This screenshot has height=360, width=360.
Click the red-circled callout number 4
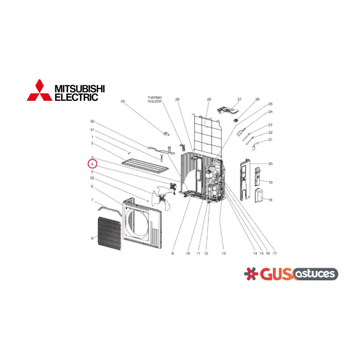(92, 164)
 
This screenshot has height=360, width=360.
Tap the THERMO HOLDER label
(154, 99)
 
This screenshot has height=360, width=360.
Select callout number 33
(122, 101)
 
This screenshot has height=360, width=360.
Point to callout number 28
(209, 99)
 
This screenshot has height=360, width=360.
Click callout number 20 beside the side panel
(270, 164)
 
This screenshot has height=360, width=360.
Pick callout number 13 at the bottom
(224, 253)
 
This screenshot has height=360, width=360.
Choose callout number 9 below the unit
(172, 253)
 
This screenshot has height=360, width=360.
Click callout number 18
(270, 200)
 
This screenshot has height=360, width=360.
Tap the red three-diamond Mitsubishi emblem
(40, 91)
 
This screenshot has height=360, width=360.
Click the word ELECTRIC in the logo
(76, 97)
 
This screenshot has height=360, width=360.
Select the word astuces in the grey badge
(315, 274)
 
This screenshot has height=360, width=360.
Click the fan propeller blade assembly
(161, 198)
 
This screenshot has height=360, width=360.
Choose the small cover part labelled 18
(260, 196)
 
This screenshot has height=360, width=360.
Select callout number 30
(92, 121)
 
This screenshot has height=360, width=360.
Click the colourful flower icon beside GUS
(251, 274)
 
